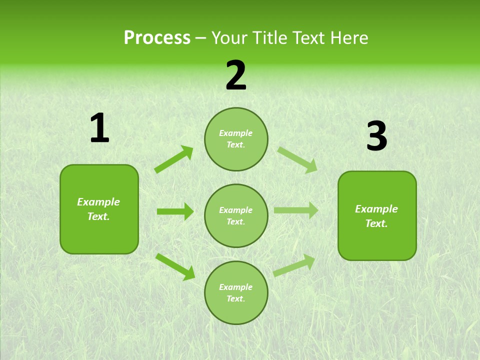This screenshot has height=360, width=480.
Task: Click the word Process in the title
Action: (x=157, y=38)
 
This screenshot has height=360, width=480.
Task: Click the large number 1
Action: (x=99, y=128)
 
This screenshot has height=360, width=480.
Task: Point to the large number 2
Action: (x=236, y=75)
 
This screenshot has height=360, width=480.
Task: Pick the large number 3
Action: (x=376, y=136)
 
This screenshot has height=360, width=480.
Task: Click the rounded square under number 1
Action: (x=99, y=209)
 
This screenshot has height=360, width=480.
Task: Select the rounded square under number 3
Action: (x=377, y=215)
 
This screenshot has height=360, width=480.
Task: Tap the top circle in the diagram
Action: (x=236, y=139)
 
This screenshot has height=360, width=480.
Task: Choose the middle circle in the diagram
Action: (x=236, y=215)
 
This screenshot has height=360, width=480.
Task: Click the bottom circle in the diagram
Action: (x=236, y=292)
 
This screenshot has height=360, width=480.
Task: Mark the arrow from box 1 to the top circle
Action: (x=174, y=159)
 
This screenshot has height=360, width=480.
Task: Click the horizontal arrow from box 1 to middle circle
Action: (x=175, y=211)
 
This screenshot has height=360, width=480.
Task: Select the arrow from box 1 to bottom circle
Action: (x=175, y=266)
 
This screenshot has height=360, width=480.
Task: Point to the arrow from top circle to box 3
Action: (x=297, y=159)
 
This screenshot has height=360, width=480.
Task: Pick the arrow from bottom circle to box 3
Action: (x=294, y=265)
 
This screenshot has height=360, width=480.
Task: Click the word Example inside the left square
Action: (x=98, y=202)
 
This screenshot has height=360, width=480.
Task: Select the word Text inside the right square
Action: (x=375, y=223)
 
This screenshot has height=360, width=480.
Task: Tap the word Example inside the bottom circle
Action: (x=236, y=287)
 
